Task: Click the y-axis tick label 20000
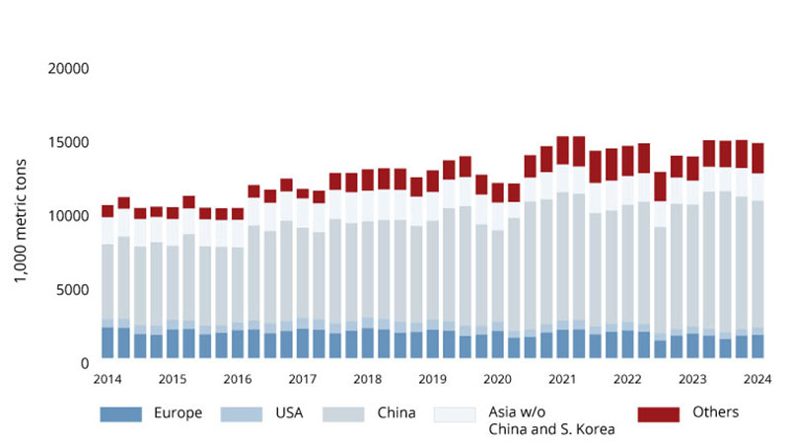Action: pyautogui.click(x=69, y=69)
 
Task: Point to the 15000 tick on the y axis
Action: pyautogui.click(x=69, y=142)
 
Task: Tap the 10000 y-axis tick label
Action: pyautogui.click(x=69, y=216)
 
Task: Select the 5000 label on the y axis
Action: pyautogui.click(x=73, y=290)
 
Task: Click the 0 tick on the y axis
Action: pyautogui.click(x=85, y=363)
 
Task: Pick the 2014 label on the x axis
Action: pyautogui.click(x=108, y=380)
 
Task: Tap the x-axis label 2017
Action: pyautogui.click(x=302, y=380)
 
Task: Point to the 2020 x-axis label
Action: pyautogui.click(x=497, y=380)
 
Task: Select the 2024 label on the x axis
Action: pyautogui.click(x=757, y=380)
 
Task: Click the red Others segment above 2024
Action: pyautogui.click(x=757, y=158)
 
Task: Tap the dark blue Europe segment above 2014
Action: pyautogui.click(x=108, y=345)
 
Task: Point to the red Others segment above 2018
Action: pyautogui.click(x=367, y=180)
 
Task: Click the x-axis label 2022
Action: pyautogui.click(x=627, y=380)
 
